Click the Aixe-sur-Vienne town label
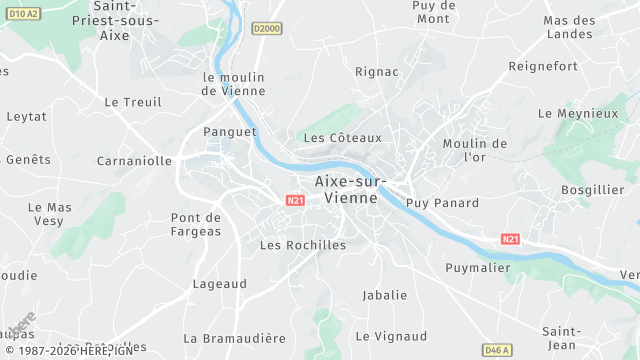pyautogui.click(x=346, y=189)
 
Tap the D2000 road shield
pyautogui.click(x=266, y=29)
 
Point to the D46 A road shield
pyautogui.click(x=496, y=350)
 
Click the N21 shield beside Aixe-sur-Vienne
pyautogui.click(x=295, y=200)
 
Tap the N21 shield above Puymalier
pyautogui.click(x=511, y=239)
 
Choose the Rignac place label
pyautogui.click(x=377, y=72)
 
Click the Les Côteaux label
pyautogui.click(x=343, y=137)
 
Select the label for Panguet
pyautogui.click(x=230, y=131)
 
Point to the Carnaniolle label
pyautogui.click(x=134, y=160)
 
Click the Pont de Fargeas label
pyautogui.click(x=196, y=224)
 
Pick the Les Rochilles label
pyautogui.click(x=303, y=245)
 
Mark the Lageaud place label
pyautogui.click(x=219, y=284)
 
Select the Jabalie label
pyautogui.click(x=385, y=295)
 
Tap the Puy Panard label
pyautogui.click(x=443, y=203)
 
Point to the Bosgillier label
pyautogui.click(x=593, y=189)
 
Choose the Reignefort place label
pyautogui.click(x=571, y=66)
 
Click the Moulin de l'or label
pyautogui.click(x=475, y=150)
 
